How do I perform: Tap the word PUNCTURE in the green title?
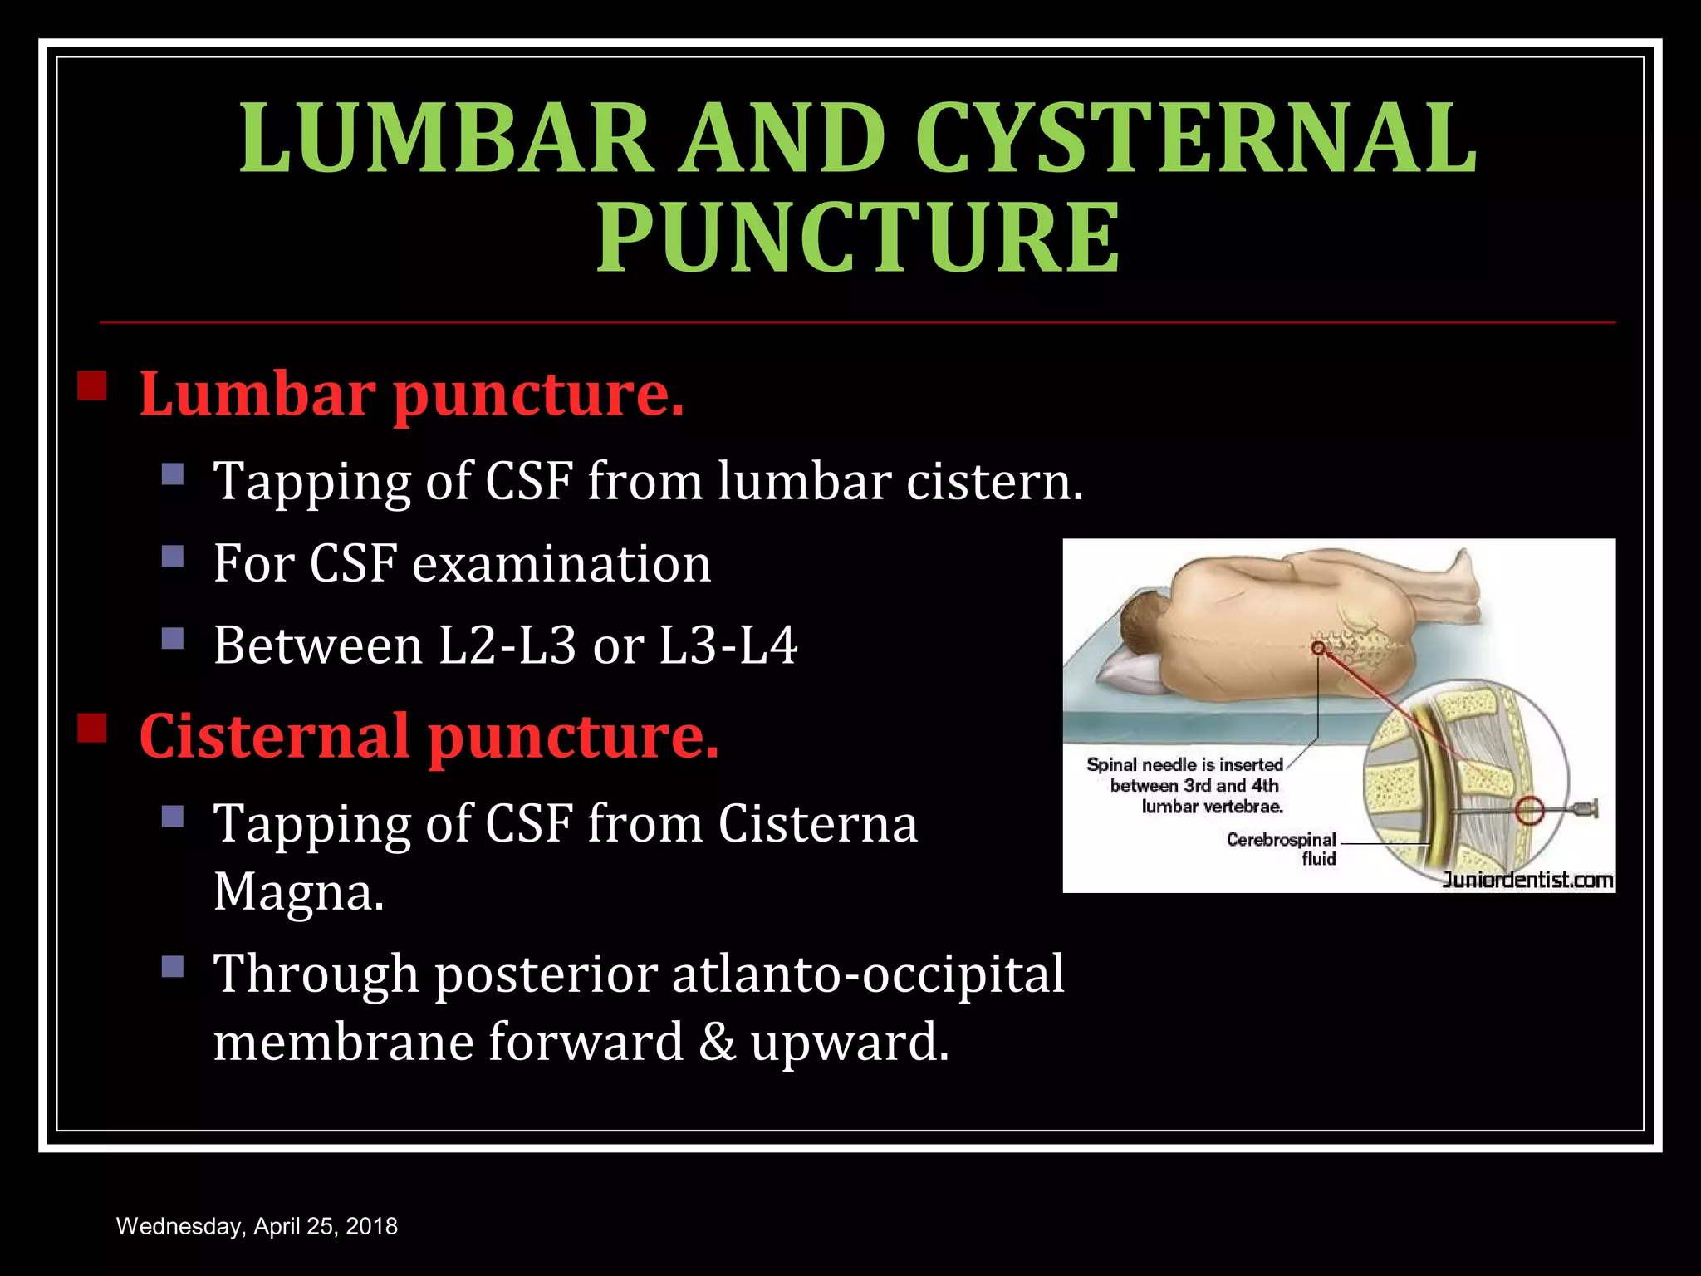click(x=858, y=238)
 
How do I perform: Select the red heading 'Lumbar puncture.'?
click(x=411, y=394)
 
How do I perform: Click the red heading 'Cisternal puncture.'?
click(x=429, y=737)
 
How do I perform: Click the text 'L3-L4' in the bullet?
click(x=728, y=645)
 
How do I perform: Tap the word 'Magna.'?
click(x=299, y=893)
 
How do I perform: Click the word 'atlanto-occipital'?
click(x=868, y=974)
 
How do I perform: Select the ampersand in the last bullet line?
click(x=717, y=1042)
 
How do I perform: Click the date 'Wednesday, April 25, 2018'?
click(x=257, y=1226)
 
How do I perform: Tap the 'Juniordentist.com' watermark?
click(x=1527, y=880)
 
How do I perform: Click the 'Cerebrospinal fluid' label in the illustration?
click(x=1282, y=848)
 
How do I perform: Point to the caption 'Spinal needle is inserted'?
click(x=1184, y=764)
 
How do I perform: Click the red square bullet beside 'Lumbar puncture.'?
click(x=92, y=385)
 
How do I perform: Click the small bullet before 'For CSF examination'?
click(x=173, y=556)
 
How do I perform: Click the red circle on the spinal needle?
click(x=1529, y=810)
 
